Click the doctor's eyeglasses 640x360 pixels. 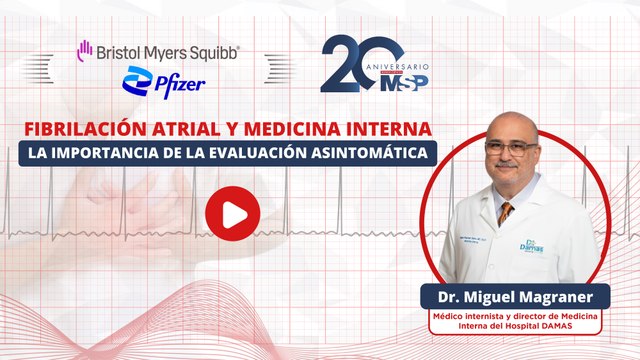point(511,148)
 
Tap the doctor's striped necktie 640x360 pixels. point(507,213)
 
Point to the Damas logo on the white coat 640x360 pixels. point(531,245)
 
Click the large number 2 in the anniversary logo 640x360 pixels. point(343,63)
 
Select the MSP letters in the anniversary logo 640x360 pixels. point(406,81)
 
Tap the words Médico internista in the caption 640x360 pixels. point(467,314)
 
